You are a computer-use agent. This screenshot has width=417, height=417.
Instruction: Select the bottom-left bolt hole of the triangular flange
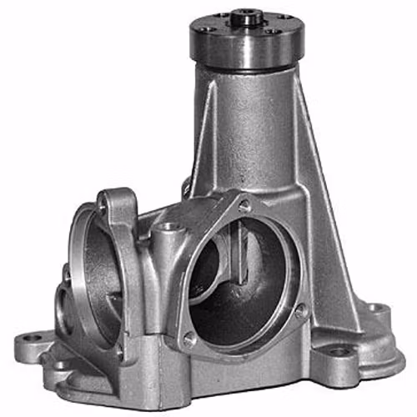click(191, 338)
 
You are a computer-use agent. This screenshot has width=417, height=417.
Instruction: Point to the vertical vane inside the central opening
click(239, 250)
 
